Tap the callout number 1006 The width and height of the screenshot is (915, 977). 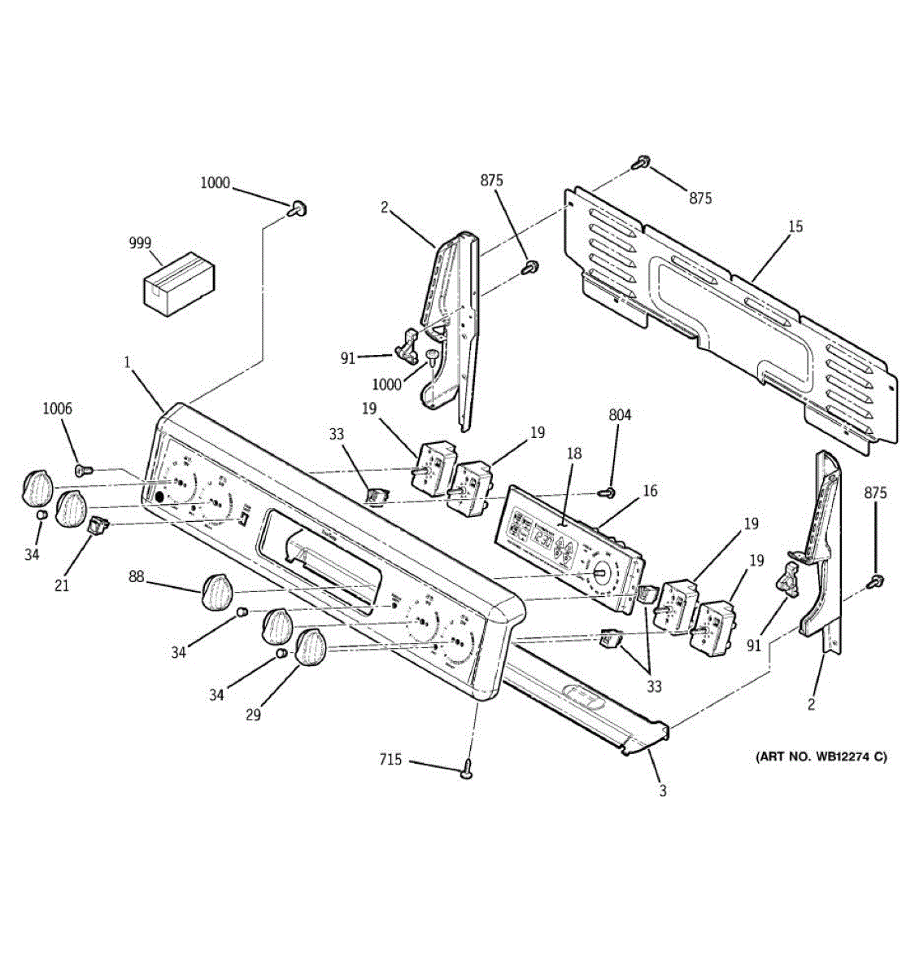[x=57, y=409]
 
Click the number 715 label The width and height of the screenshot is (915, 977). [x=390, y=760]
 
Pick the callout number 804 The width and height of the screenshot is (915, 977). [x=620, y=415]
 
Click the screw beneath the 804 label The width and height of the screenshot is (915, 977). [x=606, y=492]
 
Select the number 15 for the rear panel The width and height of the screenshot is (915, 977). [x=795, y=226]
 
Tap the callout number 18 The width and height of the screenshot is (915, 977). [x=574, y=453]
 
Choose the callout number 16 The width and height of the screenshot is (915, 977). [x=650, y=491]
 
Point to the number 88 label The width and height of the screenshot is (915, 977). [x=136, y=576]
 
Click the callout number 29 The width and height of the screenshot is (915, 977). [x=253, y=714]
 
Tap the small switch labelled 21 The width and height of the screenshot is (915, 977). [x=98, y=525]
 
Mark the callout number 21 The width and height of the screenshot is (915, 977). [x=63, y=584]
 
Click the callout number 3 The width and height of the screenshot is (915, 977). [x=663, y=790]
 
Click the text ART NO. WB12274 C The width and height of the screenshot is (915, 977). [x=821, y=757]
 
